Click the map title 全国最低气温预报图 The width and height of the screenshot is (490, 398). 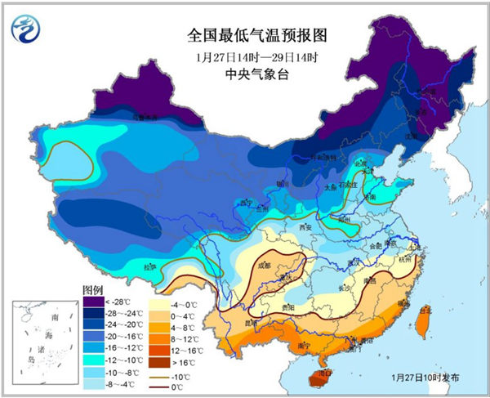(246, 35)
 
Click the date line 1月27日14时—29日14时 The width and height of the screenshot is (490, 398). (246, 56)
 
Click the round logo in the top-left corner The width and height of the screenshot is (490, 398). (25, 29)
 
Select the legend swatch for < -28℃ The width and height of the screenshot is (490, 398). (93, 302)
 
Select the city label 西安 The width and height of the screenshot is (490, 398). (306, 226)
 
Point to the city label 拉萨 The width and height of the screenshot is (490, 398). (149, 266)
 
